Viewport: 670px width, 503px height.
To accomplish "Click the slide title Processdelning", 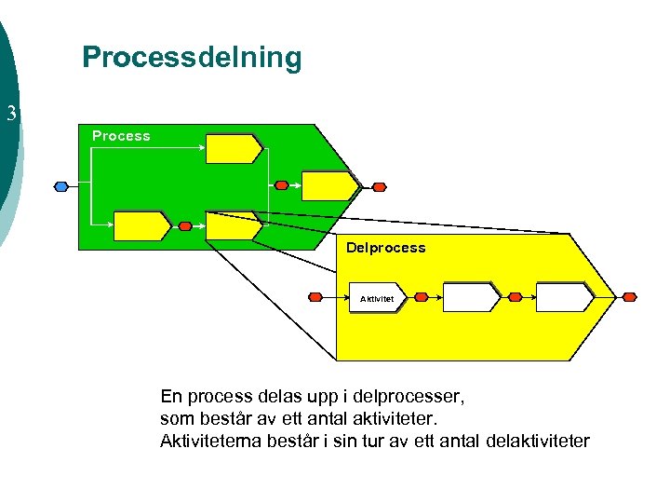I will (192, 58).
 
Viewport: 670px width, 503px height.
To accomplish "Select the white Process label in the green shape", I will (121, 136).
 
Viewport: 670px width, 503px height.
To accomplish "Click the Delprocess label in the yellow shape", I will (385, 248).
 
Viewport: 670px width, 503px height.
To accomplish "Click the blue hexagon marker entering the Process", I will (61, 186).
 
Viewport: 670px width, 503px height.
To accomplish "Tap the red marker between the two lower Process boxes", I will (185, 225).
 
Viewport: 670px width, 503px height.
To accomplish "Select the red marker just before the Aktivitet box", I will (315, 297).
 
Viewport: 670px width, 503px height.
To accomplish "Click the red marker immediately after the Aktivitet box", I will (421, 297).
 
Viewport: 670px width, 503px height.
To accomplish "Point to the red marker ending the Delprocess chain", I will (630, 297).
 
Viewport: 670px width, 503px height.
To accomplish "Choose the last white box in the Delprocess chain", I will (564, 297).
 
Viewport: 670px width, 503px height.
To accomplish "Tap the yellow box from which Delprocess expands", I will (233, 225).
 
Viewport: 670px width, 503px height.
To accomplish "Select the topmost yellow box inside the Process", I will (234, 148).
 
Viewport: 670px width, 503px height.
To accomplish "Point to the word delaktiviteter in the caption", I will (538, 440).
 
